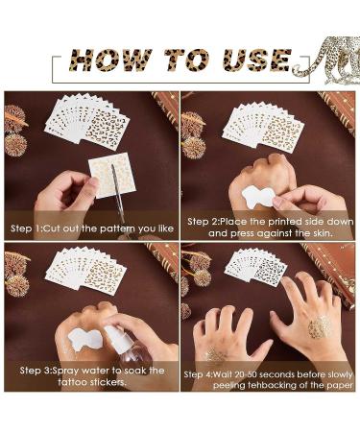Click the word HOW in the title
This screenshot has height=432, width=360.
[110, 60]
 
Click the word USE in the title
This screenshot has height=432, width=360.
[257, 60]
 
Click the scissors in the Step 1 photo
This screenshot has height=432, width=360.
[119, 195]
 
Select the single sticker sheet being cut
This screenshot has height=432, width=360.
[112, 176]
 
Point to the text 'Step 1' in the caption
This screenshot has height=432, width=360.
[25, 228]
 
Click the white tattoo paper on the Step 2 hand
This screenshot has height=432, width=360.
[258, 196]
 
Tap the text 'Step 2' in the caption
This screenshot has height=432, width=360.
[203, 222]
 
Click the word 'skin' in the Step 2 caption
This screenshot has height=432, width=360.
[322, 233]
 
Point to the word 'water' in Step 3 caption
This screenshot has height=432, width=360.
[95, 371]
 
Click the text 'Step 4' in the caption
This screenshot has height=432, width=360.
[198, 374]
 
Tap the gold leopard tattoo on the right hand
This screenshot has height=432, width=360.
[320, 326]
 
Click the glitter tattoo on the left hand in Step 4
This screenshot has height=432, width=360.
[214, 356]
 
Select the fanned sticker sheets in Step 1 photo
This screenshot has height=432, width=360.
[87, 121]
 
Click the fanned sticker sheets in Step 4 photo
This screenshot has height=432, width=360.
[255, 265]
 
